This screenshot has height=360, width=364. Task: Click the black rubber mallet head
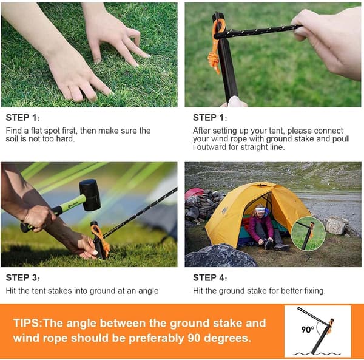[90, 195]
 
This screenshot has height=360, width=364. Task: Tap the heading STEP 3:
[23, 277]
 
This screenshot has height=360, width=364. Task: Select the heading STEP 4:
[210, 277]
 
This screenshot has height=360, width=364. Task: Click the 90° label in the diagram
[308, 329]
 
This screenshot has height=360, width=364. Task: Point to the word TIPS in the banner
[26, 323]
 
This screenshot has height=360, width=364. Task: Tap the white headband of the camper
[260, 209]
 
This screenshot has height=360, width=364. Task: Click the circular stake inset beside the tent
[308, 233]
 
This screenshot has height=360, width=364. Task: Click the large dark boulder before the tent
[221, 256]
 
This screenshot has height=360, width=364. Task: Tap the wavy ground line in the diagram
[317, 354]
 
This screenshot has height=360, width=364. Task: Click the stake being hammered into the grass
[99, 240]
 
